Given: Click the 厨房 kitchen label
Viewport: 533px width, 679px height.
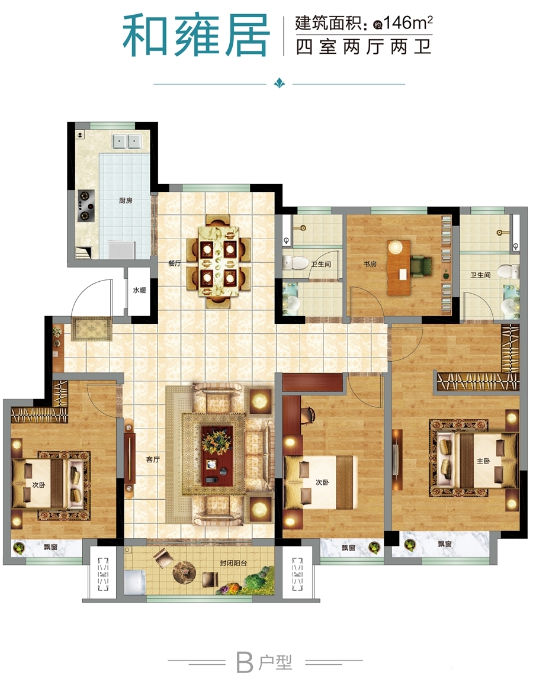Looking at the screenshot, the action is [126, 201].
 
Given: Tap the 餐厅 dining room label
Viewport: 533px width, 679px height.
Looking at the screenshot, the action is [175, 263].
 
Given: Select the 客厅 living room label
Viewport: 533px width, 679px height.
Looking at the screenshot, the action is [153, 459].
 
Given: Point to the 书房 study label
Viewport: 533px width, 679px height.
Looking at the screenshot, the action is [370, 263].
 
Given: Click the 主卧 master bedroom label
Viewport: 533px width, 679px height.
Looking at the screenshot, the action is [483, 461].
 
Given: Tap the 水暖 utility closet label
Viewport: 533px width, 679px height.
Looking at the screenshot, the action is [139, 290].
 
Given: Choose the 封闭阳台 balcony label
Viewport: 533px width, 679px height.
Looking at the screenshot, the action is [233, 563].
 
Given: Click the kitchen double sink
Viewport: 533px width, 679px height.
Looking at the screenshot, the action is [127, 141].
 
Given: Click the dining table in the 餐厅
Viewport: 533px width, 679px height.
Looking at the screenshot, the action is [219, 262].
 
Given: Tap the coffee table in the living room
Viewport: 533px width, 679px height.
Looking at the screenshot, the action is [217, 455].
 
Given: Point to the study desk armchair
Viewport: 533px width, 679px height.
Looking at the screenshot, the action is [421, 265].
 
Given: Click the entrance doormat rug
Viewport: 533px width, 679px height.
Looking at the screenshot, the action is [92, 329].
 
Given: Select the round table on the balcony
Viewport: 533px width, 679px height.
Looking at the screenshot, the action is [185, 572].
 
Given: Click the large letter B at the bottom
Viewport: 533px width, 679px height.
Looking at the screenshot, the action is [245, 662].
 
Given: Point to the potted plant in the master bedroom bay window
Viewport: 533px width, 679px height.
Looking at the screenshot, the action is [409, 544].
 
